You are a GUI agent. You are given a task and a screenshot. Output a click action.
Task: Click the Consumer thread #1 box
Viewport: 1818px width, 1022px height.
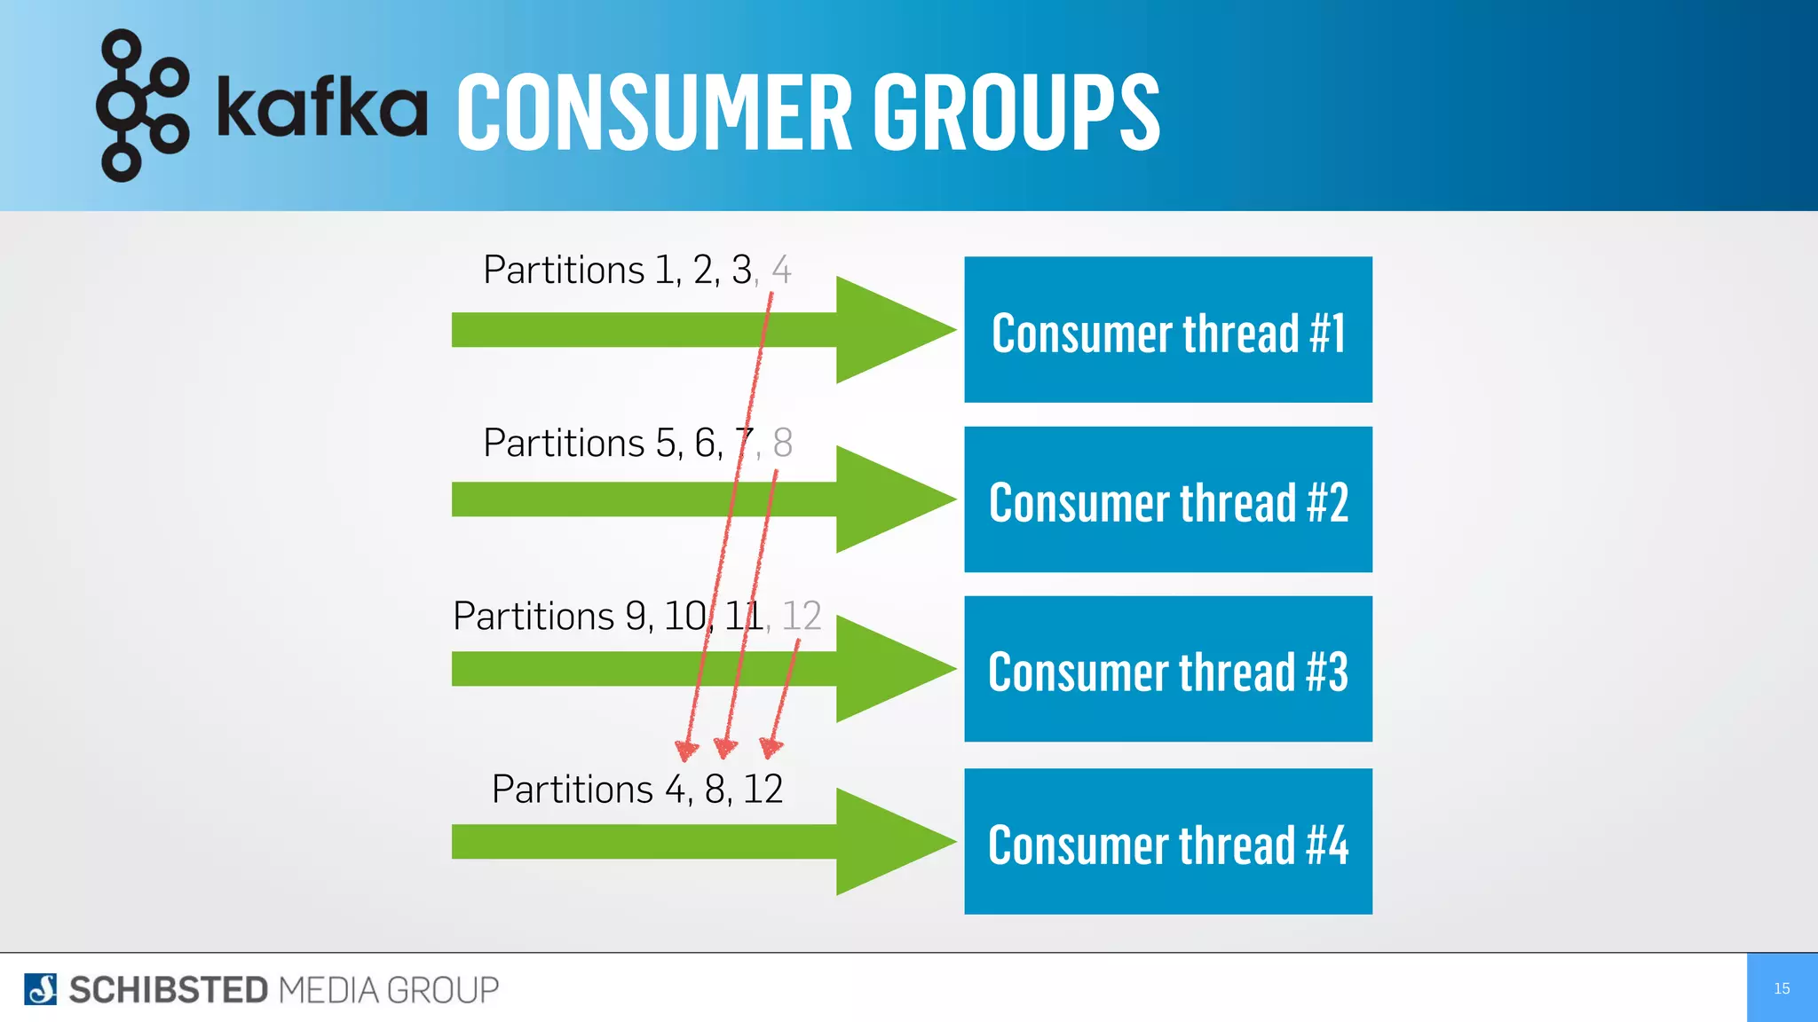click(1167, 330)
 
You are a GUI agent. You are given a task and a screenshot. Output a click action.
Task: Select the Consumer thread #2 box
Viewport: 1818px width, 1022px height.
click(1167, 499)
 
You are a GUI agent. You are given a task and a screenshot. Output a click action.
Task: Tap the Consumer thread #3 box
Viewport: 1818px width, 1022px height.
click(1167, 669)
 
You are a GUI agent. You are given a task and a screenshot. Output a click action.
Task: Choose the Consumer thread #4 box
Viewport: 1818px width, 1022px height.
click(1167, 841)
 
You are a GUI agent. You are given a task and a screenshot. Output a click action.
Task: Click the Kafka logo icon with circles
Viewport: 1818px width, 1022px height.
click(142, 106)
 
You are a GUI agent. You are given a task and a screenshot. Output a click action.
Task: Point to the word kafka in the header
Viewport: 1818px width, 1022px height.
click(321, 108)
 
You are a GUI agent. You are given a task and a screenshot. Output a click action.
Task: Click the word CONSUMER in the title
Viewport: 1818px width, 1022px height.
click(654, 113)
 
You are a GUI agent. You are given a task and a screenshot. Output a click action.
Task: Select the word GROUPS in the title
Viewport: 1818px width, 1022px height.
click(1016, 113)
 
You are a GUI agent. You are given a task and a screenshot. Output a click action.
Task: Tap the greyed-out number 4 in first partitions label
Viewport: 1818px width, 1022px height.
click(781, 270)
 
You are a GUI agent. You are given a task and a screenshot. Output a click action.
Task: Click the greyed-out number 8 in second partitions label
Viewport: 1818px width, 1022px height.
click(782, 443)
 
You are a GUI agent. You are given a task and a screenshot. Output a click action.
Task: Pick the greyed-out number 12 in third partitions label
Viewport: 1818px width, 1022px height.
click(801, 616)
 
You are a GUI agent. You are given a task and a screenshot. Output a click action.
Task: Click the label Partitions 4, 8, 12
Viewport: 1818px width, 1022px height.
click(636, 789)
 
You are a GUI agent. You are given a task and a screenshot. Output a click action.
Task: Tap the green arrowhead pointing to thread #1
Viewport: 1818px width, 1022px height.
click(888, 330)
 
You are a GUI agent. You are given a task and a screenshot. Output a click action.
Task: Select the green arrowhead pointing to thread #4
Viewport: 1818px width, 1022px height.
click(888, 841)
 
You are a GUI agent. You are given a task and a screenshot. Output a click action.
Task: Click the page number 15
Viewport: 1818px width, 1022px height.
click(1781, 988)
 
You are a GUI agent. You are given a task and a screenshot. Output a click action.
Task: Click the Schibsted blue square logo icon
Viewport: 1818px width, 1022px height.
click(40, 989)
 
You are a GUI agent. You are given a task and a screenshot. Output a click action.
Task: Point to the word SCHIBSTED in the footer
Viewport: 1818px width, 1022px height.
click(168, 990)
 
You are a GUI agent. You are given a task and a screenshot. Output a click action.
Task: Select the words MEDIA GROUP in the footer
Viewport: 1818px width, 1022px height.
click(388, 990)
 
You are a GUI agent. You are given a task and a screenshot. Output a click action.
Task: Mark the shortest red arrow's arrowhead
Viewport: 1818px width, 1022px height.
click(771, 747)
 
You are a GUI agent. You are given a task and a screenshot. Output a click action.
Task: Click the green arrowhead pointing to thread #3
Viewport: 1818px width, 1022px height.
click(888, 669)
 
